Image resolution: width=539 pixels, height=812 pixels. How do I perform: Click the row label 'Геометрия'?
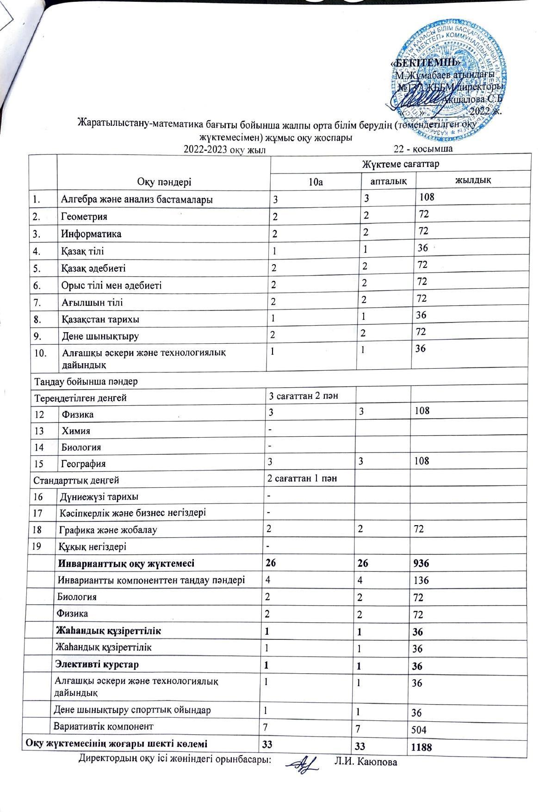[84, 217]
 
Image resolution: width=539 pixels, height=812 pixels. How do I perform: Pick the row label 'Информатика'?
[92, 234]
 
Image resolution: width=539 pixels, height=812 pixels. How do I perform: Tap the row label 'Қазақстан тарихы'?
[100, 319]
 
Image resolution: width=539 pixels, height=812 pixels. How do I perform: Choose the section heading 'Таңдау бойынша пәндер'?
[86, 382]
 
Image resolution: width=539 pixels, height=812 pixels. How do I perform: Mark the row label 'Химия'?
[76, 431]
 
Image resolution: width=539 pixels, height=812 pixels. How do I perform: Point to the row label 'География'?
[84, 464]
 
